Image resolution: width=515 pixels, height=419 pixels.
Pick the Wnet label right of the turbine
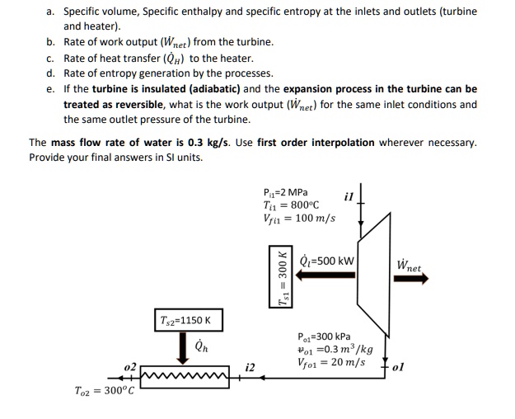click(x=409, y=266)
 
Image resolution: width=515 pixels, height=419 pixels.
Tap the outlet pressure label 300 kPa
click(x=323, y=337)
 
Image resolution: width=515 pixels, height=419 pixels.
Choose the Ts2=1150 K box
click(x=186, y=320)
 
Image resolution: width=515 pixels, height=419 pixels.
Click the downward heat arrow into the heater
click(x=186, y=350)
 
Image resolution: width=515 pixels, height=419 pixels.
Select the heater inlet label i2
click(x=250, y=365)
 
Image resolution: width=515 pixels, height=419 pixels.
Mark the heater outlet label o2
click(x=129, y=365)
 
